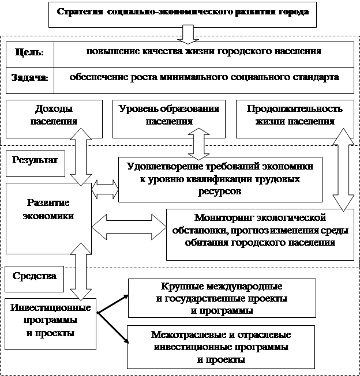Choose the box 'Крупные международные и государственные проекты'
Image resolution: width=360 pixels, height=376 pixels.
pos(222,298)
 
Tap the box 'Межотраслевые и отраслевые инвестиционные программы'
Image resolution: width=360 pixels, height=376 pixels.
pos(222,348)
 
